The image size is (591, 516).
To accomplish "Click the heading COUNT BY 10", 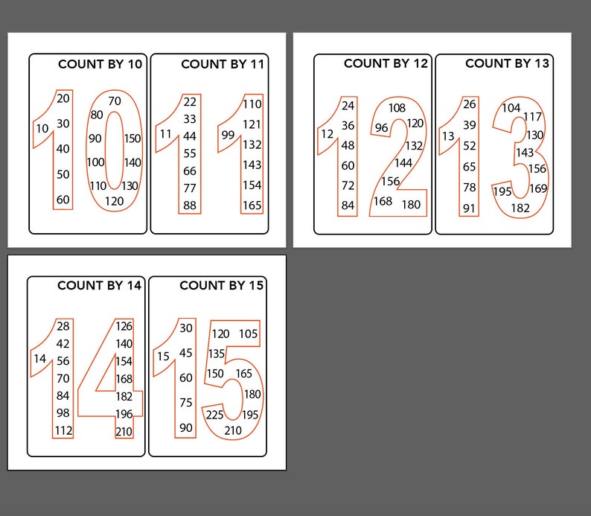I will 100,64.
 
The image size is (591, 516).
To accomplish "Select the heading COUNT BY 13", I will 507,63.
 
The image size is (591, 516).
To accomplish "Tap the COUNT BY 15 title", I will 222,285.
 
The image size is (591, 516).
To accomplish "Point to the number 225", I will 214,415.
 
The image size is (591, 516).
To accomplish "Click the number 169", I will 538,188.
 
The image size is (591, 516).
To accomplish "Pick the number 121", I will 252,124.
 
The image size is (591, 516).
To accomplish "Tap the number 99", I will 228,135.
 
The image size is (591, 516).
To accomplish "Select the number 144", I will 403,162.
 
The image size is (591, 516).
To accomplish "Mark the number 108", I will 397,108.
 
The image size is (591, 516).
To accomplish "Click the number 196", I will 124,414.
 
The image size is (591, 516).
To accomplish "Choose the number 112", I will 63,430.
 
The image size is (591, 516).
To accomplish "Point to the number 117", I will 533,117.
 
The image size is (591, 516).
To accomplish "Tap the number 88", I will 190,206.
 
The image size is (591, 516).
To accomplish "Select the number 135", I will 217,354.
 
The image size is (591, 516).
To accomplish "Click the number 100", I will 95,162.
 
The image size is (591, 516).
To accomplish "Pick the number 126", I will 124,325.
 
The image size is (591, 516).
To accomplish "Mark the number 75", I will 185,403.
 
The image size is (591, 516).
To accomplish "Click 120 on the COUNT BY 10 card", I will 114,201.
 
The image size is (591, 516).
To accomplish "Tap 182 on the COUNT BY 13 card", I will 520,208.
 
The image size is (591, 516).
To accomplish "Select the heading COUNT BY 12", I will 386,63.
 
